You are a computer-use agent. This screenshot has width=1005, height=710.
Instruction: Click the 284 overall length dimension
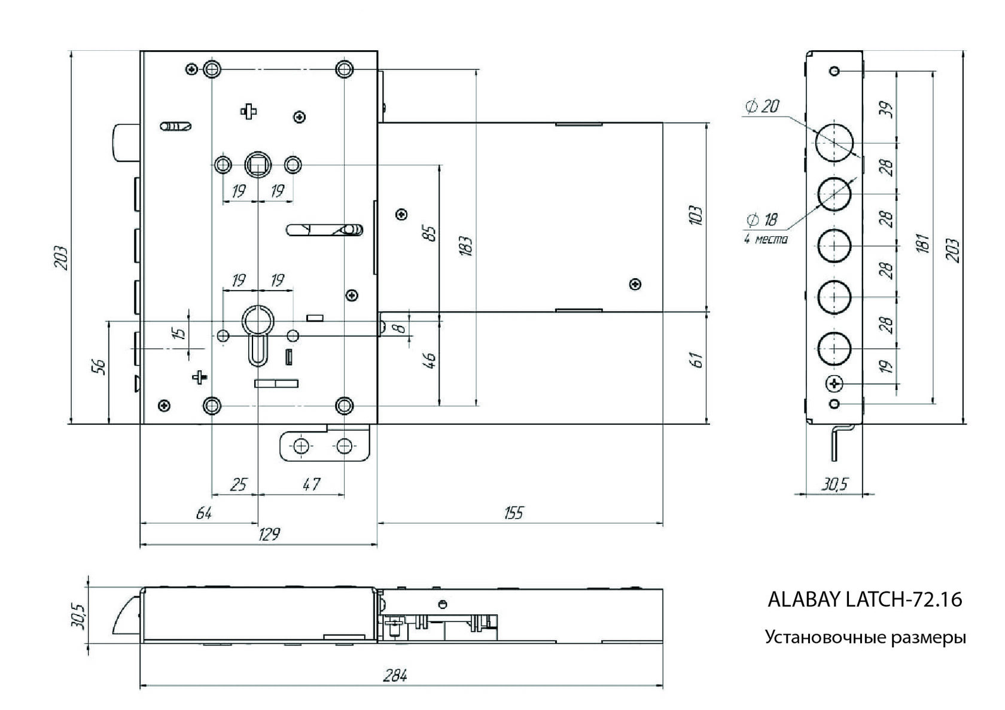coord(395,676)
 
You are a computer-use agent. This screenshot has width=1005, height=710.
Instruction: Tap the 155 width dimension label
coord(513,513)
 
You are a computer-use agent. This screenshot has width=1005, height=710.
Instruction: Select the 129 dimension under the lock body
coord(269,534)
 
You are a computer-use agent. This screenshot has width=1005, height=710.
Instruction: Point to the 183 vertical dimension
coord(467,246)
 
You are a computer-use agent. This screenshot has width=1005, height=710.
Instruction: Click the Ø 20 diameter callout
coord(762,106)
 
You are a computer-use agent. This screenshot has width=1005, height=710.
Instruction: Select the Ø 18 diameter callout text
coord(762,220)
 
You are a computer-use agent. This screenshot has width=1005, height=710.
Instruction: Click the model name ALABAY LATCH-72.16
coord(864,599)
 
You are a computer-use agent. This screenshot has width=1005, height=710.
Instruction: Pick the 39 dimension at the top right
coord(888,109)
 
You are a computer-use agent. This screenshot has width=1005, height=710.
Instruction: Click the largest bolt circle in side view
coord(834,144)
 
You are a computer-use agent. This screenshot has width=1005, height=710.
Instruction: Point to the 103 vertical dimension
coord(695,215)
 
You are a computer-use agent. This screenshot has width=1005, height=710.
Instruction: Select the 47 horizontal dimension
coord(311,484)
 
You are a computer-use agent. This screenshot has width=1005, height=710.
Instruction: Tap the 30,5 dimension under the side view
coord(834,484)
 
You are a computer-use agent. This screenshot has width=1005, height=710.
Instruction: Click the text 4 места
coord(766,239)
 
